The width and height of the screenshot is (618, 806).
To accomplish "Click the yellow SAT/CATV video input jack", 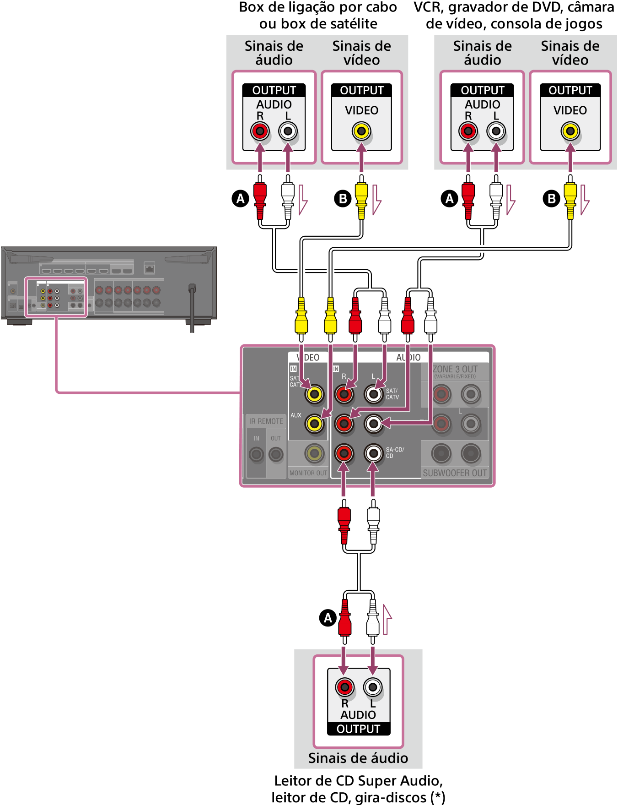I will pyautogui.click(x=315, y=394).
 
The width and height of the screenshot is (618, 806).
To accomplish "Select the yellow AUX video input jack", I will pyautogui.click(x=315, y=424).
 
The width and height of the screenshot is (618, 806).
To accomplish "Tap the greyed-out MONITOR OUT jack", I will pyautogui.click(x=315, y=453).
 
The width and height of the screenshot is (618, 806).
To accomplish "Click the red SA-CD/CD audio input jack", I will pyautogui.click(x=344, y=453).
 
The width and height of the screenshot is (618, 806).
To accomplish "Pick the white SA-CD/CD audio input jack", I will pyautogui.click(x=373, y=453).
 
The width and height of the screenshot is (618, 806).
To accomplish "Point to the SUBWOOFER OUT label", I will pyautogui.click(x=455, y=473).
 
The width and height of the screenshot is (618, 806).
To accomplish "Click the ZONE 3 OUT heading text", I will pyautogui.click(x=455, y=369).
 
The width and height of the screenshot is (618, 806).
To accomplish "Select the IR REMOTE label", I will pyautogui.click(x=266, y=421).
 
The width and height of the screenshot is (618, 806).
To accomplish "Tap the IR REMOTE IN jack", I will pyautogui.click(x=256, y=454).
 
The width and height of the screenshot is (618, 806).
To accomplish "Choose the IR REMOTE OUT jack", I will pyautogui.click(x=275, y=454).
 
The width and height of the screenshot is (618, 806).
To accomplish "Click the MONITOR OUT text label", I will pyautogui.click(x=308, y=473).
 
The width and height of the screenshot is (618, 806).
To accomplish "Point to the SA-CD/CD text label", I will pyautogui.click(x=395, y=452).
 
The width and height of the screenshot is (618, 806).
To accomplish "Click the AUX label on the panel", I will pyautogui.click(x=296, y=415).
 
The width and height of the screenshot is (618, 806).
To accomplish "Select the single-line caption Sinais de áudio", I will pyautogui.click(x=358, y=758).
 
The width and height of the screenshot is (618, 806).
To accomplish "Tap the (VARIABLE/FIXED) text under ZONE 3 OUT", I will pyautogui.click(x=455, y=376).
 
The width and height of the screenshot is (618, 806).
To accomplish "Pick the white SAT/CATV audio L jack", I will pyautogui.click(x=373, y=394).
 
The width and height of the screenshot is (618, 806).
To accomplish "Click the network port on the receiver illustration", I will pyautogui.click(x=150, y=267).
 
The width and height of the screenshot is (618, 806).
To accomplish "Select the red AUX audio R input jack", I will pyautogui.click(x=344, y=424).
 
